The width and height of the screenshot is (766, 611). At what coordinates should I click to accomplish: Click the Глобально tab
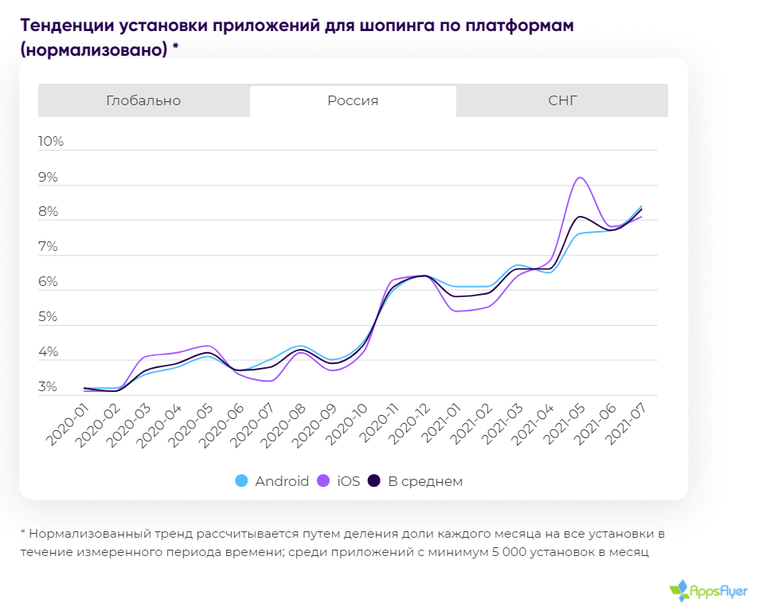[143, 100]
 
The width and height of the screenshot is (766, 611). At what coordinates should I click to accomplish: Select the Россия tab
[353, 100]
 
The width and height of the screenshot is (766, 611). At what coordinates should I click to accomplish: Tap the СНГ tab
[562, 100]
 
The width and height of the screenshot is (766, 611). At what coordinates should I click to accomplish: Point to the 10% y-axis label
[51, 142]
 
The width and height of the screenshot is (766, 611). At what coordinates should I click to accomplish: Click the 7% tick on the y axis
[48, 247]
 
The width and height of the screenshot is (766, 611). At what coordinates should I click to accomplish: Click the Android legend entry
[273, 481]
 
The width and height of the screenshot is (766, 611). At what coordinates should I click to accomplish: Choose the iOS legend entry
[340, 481]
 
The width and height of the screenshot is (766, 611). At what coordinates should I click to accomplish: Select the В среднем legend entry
[416, 481]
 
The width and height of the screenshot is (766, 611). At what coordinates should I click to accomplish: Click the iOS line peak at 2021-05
[580, 178]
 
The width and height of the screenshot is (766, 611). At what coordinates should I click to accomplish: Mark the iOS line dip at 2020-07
[269, 381]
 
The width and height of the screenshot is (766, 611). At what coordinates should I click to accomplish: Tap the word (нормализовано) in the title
[94, 49]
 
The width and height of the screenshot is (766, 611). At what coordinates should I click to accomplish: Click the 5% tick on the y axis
[48, 317]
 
